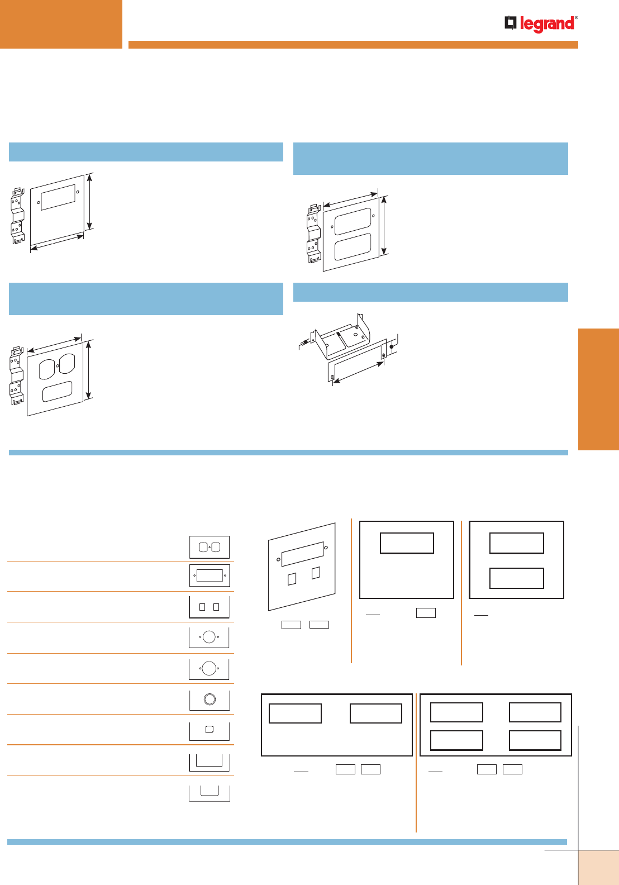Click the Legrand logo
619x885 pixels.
point(540,24)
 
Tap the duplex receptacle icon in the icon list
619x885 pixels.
point(209,547)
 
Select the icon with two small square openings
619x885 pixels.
point(209,607)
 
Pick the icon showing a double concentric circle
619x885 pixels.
point(209,699)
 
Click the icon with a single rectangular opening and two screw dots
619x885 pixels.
point(209,575)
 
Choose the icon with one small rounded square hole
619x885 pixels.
point(209,729)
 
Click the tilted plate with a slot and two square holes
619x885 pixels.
point(302,567)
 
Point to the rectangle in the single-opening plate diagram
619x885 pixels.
point(407,543)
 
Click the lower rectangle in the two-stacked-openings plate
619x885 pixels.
point(516,578)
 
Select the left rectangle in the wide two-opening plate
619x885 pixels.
point(295,713)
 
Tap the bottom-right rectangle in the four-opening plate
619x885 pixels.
point(535,740)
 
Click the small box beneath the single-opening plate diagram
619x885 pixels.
point(426,613)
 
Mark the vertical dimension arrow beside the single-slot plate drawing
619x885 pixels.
point(89,202)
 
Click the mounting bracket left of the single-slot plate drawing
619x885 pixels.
point(18,215)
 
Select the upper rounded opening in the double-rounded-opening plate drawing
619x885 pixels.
point(353,221)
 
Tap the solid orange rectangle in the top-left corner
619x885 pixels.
point(61,24)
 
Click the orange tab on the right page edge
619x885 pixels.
point(598,389)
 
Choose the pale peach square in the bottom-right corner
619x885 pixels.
point(598,867)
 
